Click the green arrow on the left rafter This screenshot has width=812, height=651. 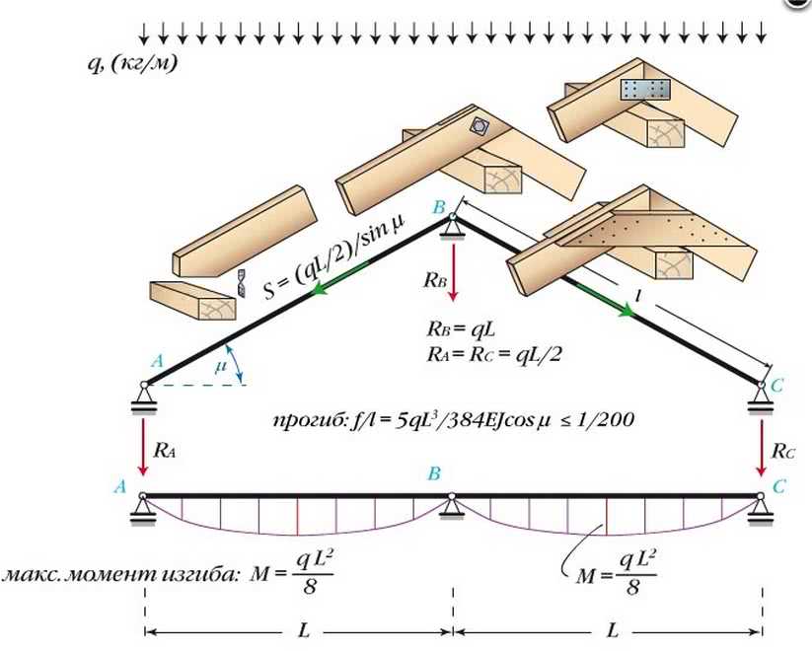tap(332, 286)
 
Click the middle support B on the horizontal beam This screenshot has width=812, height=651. tap(452, 506)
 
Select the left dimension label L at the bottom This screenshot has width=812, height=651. tap(299, 628)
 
